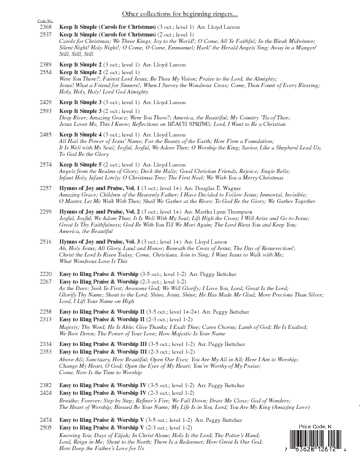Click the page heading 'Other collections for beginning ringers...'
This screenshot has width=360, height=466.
tap(180, 14)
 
